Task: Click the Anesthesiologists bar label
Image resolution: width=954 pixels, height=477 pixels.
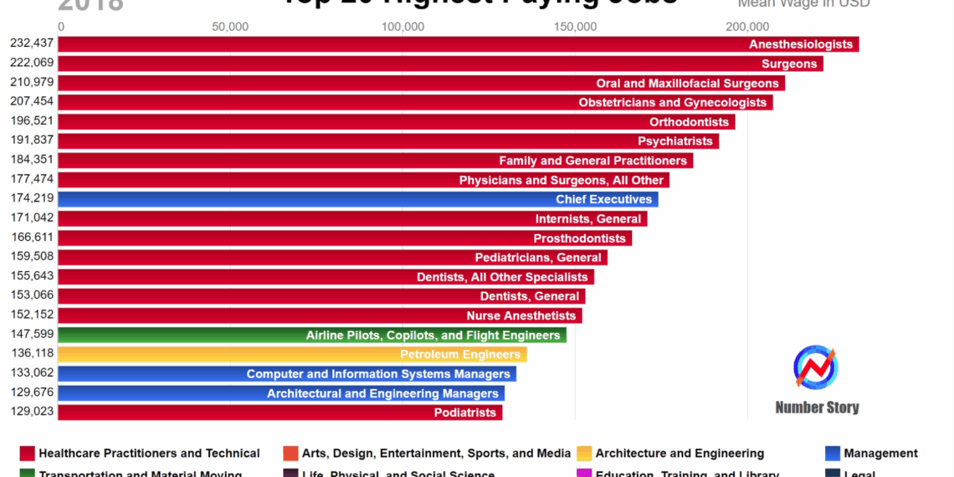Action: [800, 44]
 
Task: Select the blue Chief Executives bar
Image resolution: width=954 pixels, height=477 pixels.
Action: [357, 199]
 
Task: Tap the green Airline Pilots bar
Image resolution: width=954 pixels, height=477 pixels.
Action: [311, 336]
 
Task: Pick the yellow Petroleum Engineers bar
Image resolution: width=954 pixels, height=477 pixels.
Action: [292, 355]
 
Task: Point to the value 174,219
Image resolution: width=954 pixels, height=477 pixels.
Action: [32, 199]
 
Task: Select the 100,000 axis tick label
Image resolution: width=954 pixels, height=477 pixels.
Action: [403, 27]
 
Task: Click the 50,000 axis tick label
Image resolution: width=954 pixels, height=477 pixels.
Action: [230, 27]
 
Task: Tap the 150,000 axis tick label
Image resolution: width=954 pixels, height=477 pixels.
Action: [575, 27]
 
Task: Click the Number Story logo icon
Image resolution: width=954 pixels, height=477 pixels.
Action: [816, 368]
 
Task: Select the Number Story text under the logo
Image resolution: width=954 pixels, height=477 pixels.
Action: [817, 408]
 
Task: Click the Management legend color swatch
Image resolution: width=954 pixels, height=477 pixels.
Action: [832, 454]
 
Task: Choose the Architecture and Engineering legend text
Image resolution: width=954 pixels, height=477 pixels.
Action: [680, 454]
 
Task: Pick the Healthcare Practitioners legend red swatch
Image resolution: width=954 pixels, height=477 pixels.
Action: [27, 454]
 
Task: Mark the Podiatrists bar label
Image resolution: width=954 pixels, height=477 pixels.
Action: [465, 413]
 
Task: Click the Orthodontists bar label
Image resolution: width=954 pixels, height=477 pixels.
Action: [689, 122]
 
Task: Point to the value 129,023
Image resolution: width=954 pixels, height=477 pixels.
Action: [32, 413]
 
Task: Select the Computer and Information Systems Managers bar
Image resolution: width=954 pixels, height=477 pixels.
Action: [286, 374]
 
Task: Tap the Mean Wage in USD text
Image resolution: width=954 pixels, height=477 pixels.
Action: [803, 3]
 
